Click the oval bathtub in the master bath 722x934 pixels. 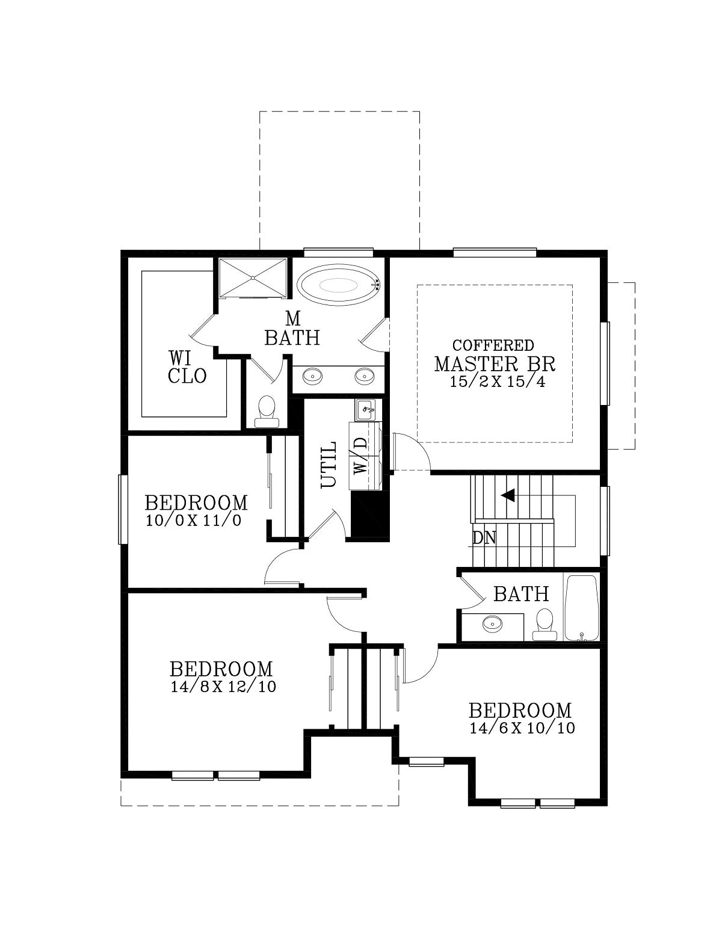(339, 284)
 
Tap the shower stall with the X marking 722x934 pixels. (253, 277)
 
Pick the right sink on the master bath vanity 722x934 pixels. (364, 377)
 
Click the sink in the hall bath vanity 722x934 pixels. (493, 623)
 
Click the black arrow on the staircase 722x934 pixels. (508, 495)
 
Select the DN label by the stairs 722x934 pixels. (484, 537)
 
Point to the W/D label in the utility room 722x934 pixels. (361, 456)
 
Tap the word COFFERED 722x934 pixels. (493, 345)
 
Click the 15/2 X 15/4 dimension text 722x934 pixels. (498, 382)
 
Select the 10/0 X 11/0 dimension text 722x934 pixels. (193, 521)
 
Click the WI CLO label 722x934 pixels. (187, 367)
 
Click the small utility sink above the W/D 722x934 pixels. (365, 410)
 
